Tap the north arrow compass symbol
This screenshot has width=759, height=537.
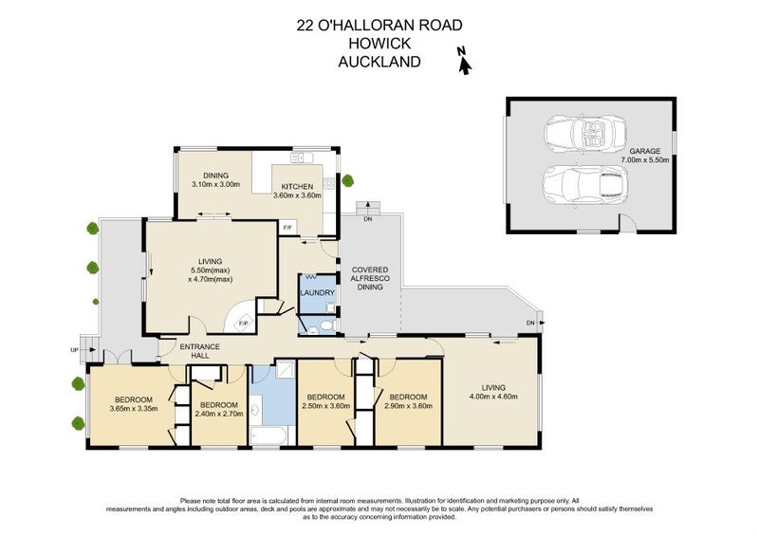coord(464,62)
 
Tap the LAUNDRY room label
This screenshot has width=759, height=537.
coord(317,293)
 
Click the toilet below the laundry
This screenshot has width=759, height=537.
coord(325,325)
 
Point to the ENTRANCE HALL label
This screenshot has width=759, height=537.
coord(200,351)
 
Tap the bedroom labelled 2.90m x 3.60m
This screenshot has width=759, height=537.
coord(409,401)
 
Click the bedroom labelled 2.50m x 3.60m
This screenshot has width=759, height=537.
coord(324,401)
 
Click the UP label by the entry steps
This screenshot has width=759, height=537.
coord(75,349)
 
